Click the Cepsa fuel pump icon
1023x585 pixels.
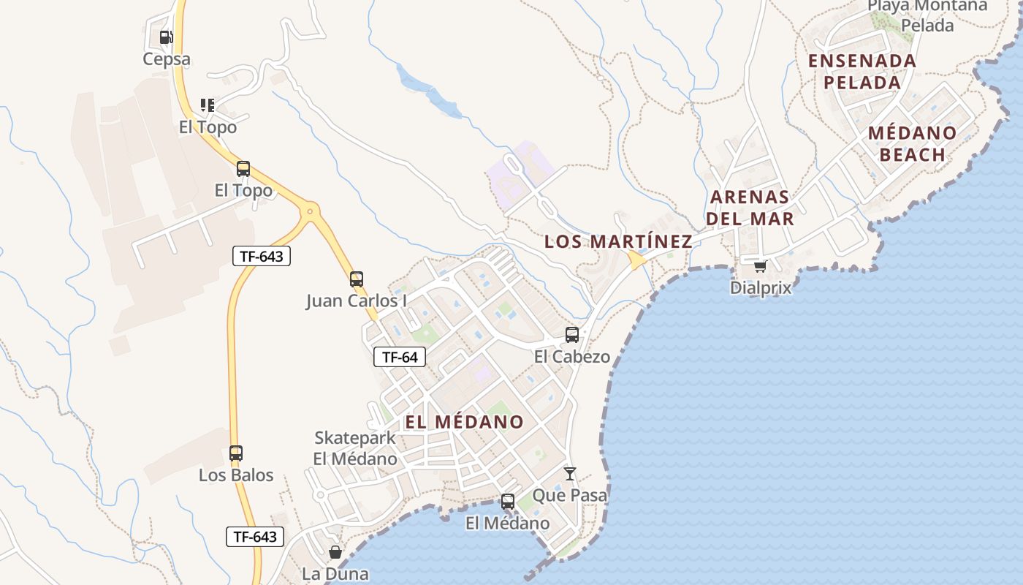167,37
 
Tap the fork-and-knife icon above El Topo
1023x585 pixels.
208,105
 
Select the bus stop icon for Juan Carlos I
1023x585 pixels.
356,279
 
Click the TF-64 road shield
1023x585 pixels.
400,357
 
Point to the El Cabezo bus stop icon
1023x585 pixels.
572,335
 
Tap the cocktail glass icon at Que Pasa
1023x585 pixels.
570,474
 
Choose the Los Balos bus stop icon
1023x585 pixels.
235,453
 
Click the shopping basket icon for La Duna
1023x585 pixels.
335,552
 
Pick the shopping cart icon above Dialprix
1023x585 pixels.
760,266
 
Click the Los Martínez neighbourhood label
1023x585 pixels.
618,241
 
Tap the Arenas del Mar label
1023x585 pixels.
750,208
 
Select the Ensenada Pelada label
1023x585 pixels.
862,72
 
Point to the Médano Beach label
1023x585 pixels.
913,143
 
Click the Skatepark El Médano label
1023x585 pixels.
355,448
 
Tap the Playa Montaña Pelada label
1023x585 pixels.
927,15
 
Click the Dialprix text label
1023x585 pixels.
761,287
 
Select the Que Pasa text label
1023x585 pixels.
569,495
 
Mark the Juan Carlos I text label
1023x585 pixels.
356,301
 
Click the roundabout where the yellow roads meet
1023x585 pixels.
311,212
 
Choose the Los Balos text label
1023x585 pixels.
236,475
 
